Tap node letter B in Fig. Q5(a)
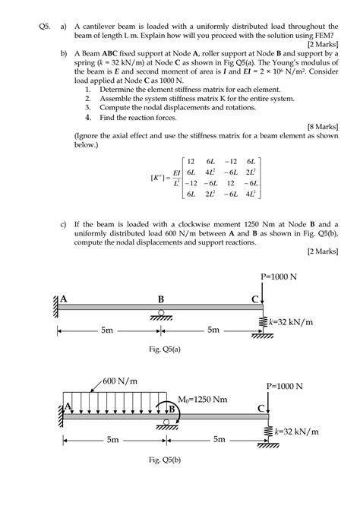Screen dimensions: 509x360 [161, 299]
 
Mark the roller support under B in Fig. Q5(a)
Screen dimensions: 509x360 [160, 314]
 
